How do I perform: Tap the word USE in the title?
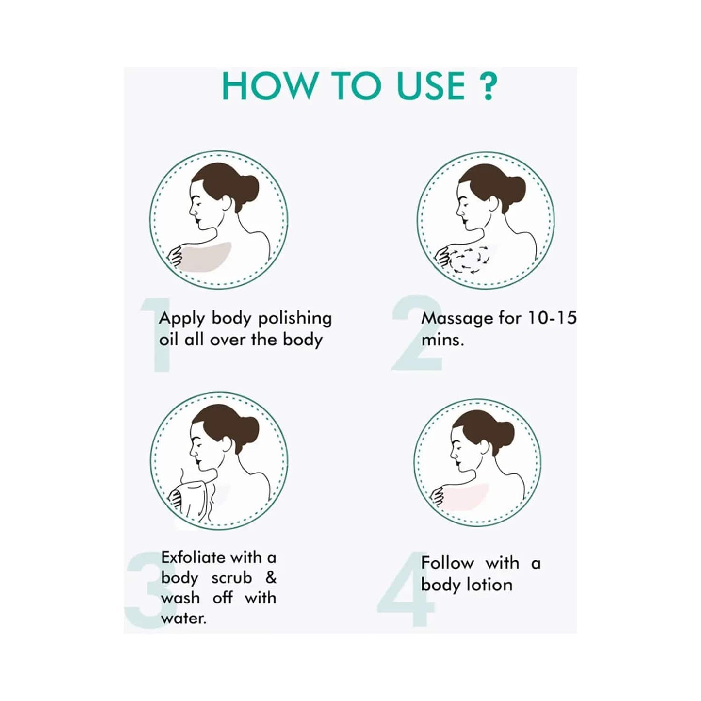click(x=431, y=86)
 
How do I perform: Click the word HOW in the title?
click(x=268, y=86)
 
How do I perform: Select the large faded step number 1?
click(x=158, y=335)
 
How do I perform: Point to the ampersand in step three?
click(x=271, y=577)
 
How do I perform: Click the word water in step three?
click(x=183, y=619)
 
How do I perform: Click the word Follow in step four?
click(x=447, y=563)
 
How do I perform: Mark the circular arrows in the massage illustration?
click(x=468, y=261)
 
